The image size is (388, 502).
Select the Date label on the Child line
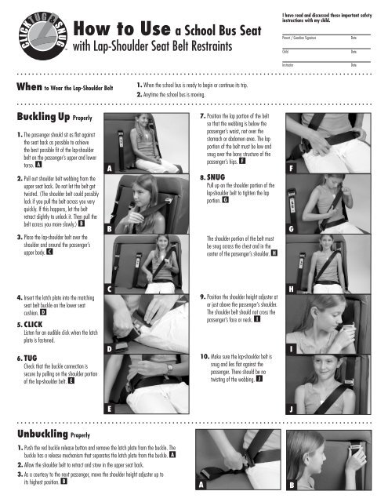point(354,50)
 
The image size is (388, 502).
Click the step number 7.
point(205,115)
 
